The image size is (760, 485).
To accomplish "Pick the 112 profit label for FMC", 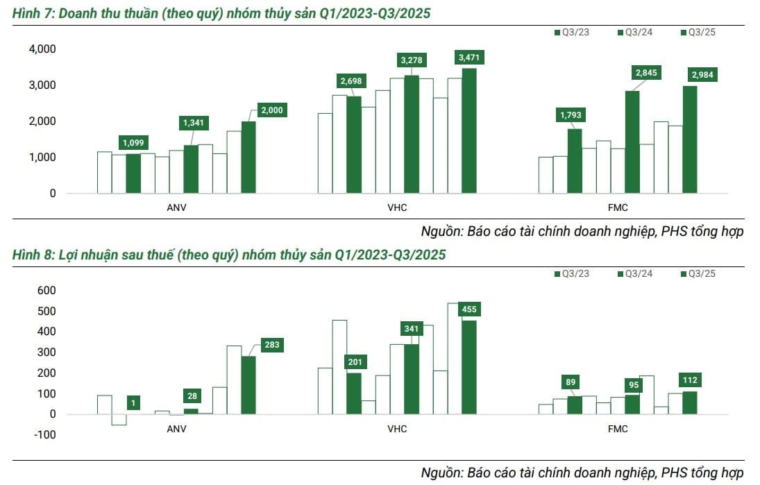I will click(690, 380).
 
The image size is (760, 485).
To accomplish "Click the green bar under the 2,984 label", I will click(689, 139).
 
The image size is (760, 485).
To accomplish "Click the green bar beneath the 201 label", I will click(354, 393).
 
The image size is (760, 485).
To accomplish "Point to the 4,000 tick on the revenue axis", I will click(42, 49).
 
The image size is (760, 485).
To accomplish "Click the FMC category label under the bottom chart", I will click(617, 429).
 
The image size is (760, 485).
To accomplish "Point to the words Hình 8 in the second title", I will click(33, 255).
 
